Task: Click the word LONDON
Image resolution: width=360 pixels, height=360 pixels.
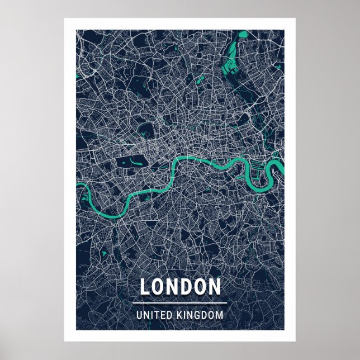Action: (180, 287)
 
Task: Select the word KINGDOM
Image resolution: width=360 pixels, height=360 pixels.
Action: (198, 315)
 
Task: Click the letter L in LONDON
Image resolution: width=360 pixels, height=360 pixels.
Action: (145, 287)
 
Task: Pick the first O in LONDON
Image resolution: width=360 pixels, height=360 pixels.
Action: (159, 287)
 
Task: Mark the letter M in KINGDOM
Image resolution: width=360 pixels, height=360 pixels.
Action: (219, 315)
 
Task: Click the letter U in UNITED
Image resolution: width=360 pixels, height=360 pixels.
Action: (139, 315)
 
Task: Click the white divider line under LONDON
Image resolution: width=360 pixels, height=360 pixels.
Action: (180, 303)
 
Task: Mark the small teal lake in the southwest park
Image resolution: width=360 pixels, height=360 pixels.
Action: (104, 254)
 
